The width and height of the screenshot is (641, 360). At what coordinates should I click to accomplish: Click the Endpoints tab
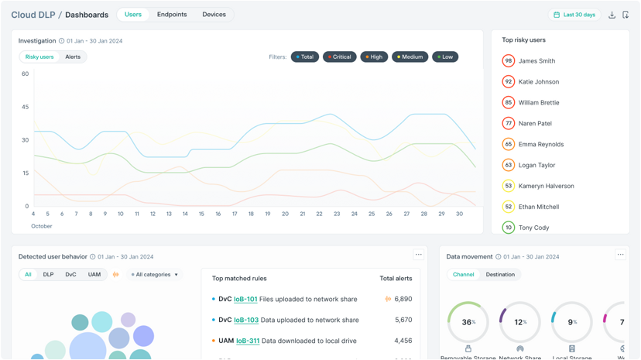click(x=172, y=15)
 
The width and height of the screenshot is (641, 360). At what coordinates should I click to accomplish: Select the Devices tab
click(x=214, y=15)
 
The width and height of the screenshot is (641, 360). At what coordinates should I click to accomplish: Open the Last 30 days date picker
click(x=574, y=15)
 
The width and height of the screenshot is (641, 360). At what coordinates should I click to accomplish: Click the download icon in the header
click(x=612, y=15)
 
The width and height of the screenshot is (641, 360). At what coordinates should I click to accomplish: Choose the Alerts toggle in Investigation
click(x=73, y=57)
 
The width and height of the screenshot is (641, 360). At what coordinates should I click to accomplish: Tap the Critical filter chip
click(x=339, y=57)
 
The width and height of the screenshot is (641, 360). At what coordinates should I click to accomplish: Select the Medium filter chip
click(x=410, y=57)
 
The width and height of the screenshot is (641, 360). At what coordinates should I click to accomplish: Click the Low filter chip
click(x=445, y=57)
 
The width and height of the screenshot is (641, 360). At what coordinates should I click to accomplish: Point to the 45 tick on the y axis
click(x=26, y=107)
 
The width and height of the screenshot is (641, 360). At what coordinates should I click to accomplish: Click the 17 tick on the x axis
click(x=235, y=214)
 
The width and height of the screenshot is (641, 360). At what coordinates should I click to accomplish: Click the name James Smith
click(x=536, y=61)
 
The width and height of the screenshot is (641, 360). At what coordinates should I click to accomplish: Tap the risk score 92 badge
click(x=508, y=81)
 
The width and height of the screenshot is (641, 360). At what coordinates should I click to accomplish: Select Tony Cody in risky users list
click(x=533, y=228)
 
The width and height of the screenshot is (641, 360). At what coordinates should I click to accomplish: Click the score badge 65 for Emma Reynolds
click(x=508, y=144)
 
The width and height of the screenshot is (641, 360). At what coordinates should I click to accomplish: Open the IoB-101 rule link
click(x=245, y=299)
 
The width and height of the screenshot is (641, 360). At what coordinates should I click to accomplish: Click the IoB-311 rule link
click(x=248, y=341)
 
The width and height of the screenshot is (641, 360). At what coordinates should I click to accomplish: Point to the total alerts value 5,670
click(x=403, y=320)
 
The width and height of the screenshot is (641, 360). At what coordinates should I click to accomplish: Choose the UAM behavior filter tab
click(x=94, y=275)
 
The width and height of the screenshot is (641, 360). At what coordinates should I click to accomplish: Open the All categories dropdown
click(x=155, y=275)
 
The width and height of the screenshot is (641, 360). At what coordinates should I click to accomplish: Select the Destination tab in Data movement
click(x=500, y=275)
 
